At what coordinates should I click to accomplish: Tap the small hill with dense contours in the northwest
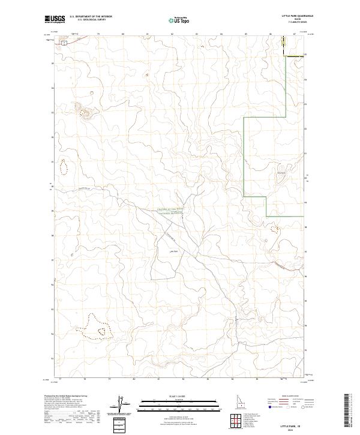click(x=80, y=109)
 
